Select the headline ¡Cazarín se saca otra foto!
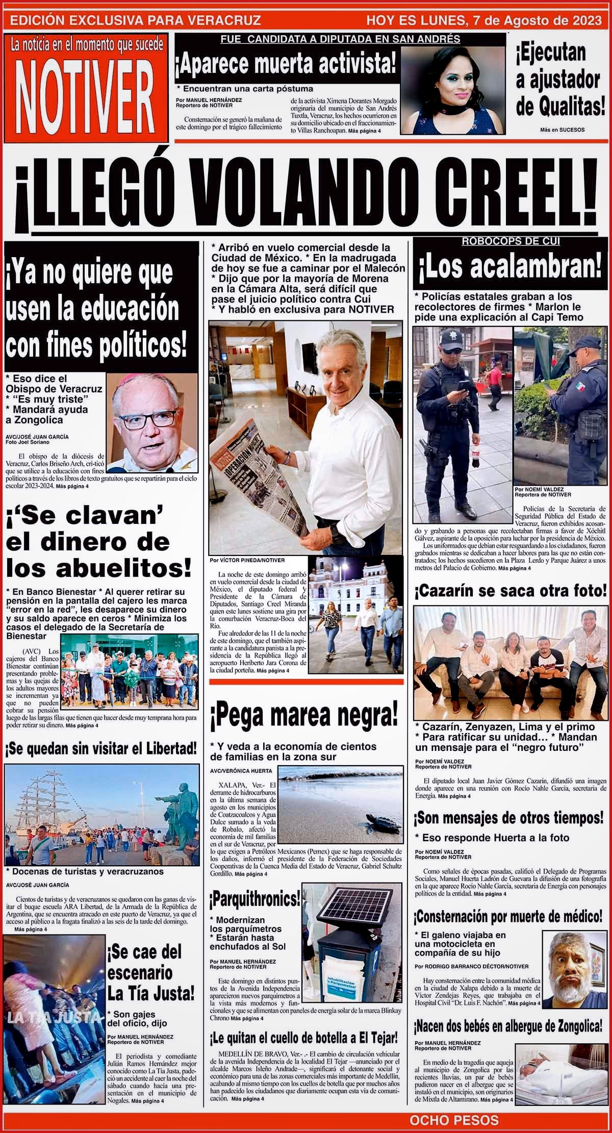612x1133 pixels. [x=512, y=593]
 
